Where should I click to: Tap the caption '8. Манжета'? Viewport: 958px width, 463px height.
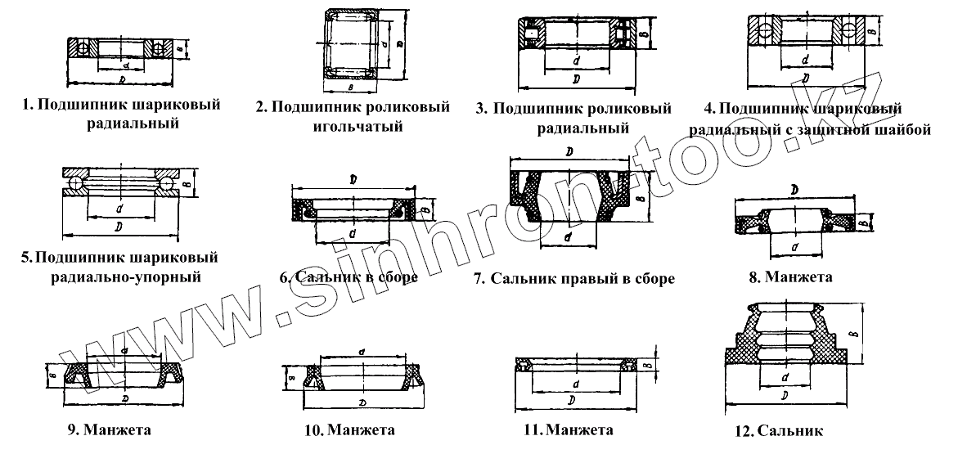coord(790,276)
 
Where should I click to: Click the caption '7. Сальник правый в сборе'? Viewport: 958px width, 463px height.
coord(574,279)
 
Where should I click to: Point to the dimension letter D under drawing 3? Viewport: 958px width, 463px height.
coord(577,79)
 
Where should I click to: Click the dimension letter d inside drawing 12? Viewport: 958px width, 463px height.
coord(784,379)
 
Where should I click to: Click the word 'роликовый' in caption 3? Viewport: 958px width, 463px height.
coord(625,109)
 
